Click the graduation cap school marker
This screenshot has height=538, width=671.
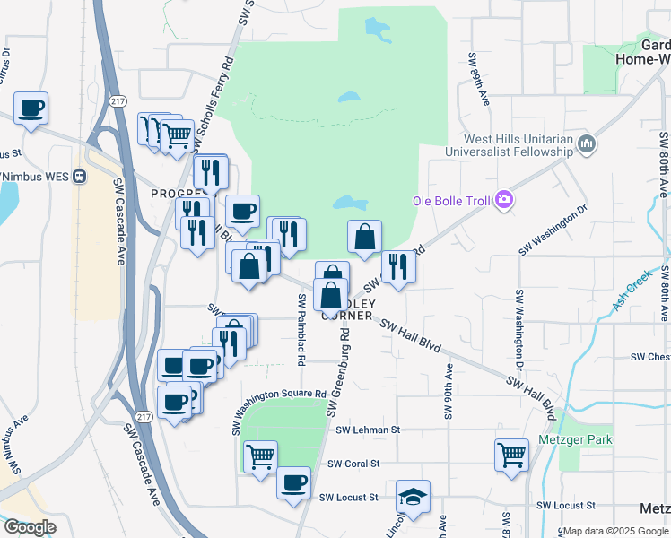(x=413, y=496)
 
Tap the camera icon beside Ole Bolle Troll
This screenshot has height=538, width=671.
(x=504, y=200)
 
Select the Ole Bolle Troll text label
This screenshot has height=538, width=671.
(x=451, y=201)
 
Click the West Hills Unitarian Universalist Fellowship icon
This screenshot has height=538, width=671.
(x=587, y=143)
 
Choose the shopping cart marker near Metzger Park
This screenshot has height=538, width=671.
(x=510, y=453)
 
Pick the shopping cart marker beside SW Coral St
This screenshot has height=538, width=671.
(x=260, y=456)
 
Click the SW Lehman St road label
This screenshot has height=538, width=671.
(x=367, y=430)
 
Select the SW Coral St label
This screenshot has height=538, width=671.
(x=354, y=464)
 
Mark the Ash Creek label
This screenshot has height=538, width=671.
(x=630, y=294)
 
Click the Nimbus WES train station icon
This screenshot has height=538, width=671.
(x=80, y=177)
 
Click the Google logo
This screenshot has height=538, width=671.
(x=30, y=528)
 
